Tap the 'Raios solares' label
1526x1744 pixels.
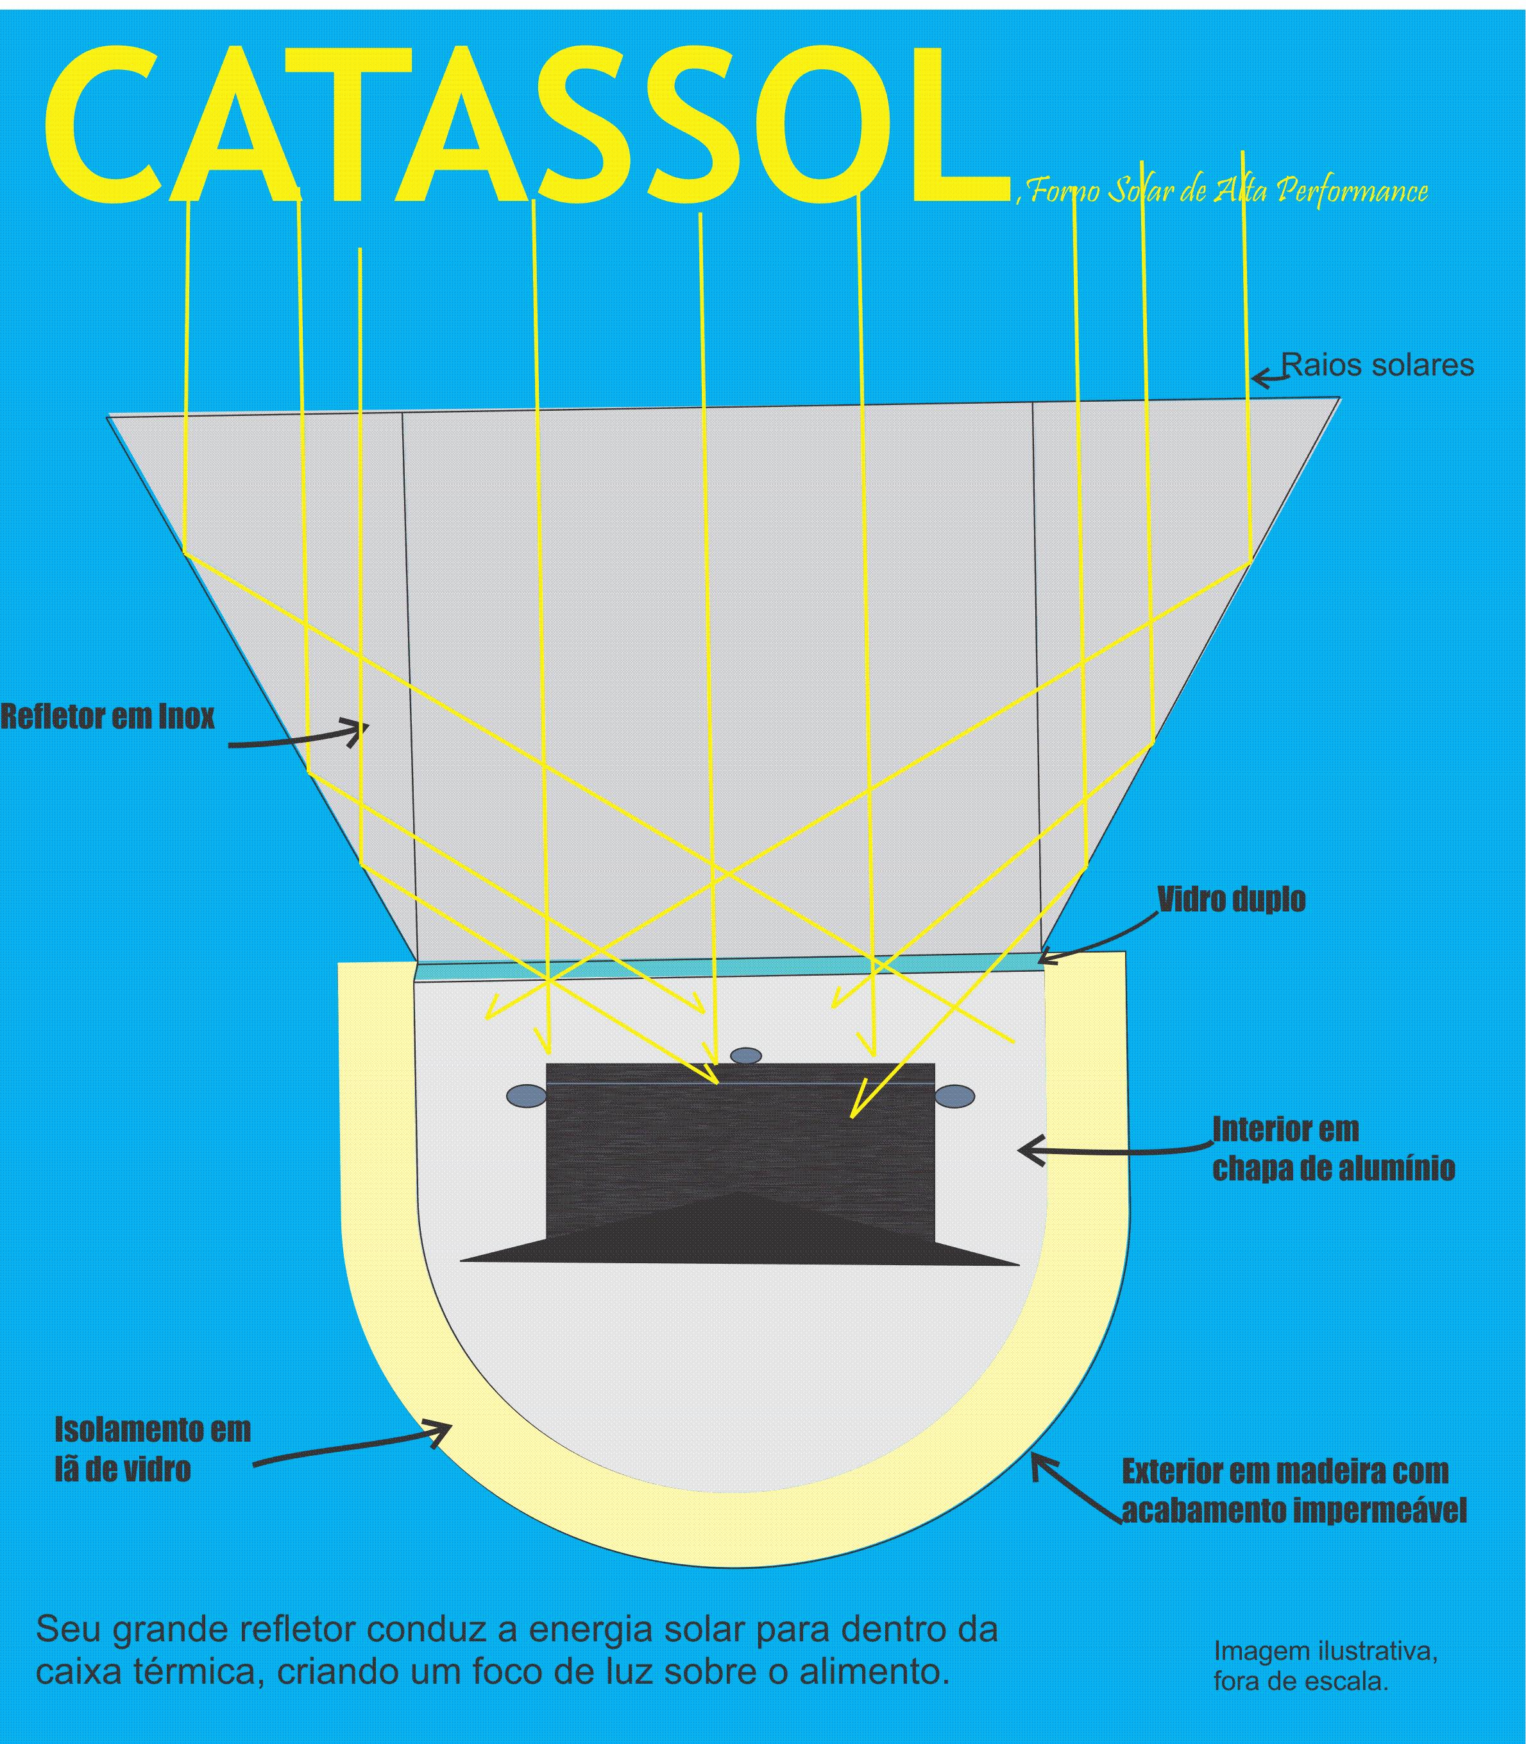pos(1377,365)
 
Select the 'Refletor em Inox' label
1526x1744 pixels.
pos(107,718)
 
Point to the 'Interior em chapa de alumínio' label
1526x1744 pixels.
pos(1333,1150)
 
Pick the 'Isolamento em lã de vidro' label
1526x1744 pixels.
pos(153,1449)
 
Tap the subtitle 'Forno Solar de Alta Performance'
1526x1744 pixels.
pos(1226,192)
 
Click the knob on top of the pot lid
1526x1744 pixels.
pos(746,1056)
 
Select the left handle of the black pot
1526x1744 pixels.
pos(525,1096)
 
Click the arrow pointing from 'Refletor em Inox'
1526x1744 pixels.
pos(298,736)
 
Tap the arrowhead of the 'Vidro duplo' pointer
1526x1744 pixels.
pos(1049,958)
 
